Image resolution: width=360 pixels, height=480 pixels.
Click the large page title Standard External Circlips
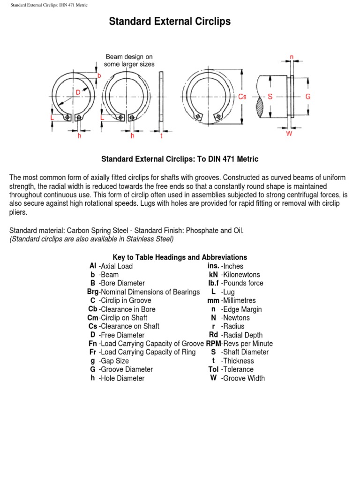pyautogui.click(x=170, y=22)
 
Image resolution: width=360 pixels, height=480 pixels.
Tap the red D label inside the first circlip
pyautogui.click(x=78, y=93)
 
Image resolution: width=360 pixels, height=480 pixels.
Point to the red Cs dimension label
pyautogui.click(x=242, y=97)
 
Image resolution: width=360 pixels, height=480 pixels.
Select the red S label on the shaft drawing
pyautogui.click(x=270, y=97)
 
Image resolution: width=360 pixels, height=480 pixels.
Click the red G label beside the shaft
pyautogui.click(x=307, y=97)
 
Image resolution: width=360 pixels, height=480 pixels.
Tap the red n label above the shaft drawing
pyautogui.click(x=292, y=57)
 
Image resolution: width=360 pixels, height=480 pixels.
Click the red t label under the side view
pyautogui.click(x=161, y=136)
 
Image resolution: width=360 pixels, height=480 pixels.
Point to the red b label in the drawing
pyautogui.click(x=99, y=75)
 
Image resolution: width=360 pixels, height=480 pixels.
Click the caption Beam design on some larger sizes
pyautogui.click(x=129, y=60)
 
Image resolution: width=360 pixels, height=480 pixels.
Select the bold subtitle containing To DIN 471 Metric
pyautogui.click(x=180, y=159)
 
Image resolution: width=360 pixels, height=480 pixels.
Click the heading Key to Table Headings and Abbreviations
pyautogui.click(x=180, y=257)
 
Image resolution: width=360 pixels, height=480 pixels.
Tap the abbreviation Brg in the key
pyautogui.click(x=92, y=292)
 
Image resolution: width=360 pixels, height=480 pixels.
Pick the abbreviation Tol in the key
pyautogui.click(x=213, y=369)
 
